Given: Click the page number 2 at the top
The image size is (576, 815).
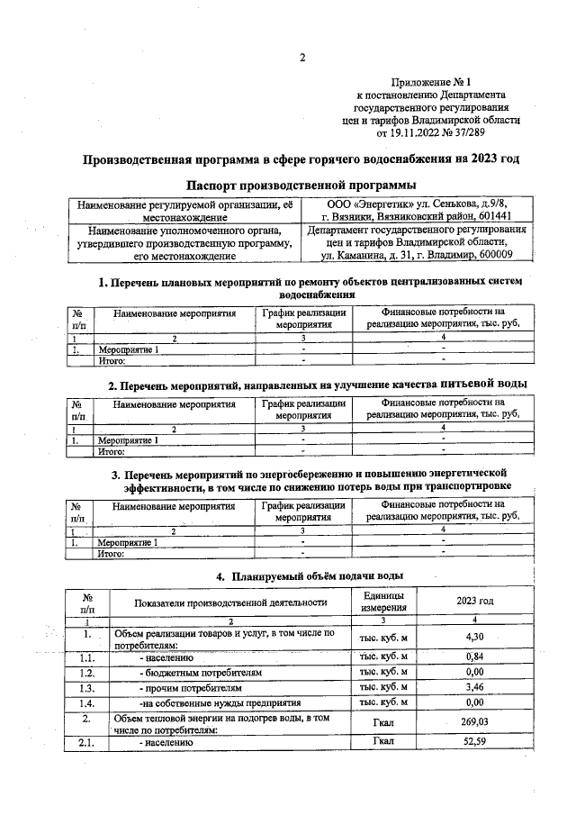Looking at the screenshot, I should pyautogui.click(x=302, y=59).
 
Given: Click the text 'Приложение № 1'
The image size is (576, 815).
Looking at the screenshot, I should pyautogui.click(x=435, y=81).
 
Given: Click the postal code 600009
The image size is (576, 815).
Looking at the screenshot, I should pyautogui.click(x=502, y=256).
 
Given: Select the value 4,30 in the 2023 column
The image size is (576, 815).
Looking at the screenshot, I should pyautogui.click(x=474, y=638).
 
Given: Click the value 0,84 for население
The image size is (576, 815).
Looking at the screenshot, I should pyautogui.click(x=474, y=657).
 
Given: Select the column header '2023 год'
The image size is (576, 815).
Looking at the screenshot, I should pyautogui.click(x=474, y=602).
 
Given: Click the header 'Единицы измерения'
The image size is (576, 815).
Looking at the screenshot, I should pyautogui.click(x=383, y=602).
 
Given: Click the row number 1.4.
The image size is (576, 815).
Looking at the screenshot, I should pyautogui.click(x=86, y=702).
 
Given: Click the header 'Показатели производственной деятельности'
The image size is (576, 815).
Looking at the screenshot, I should pyautogui.click(x=229, y=602).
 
